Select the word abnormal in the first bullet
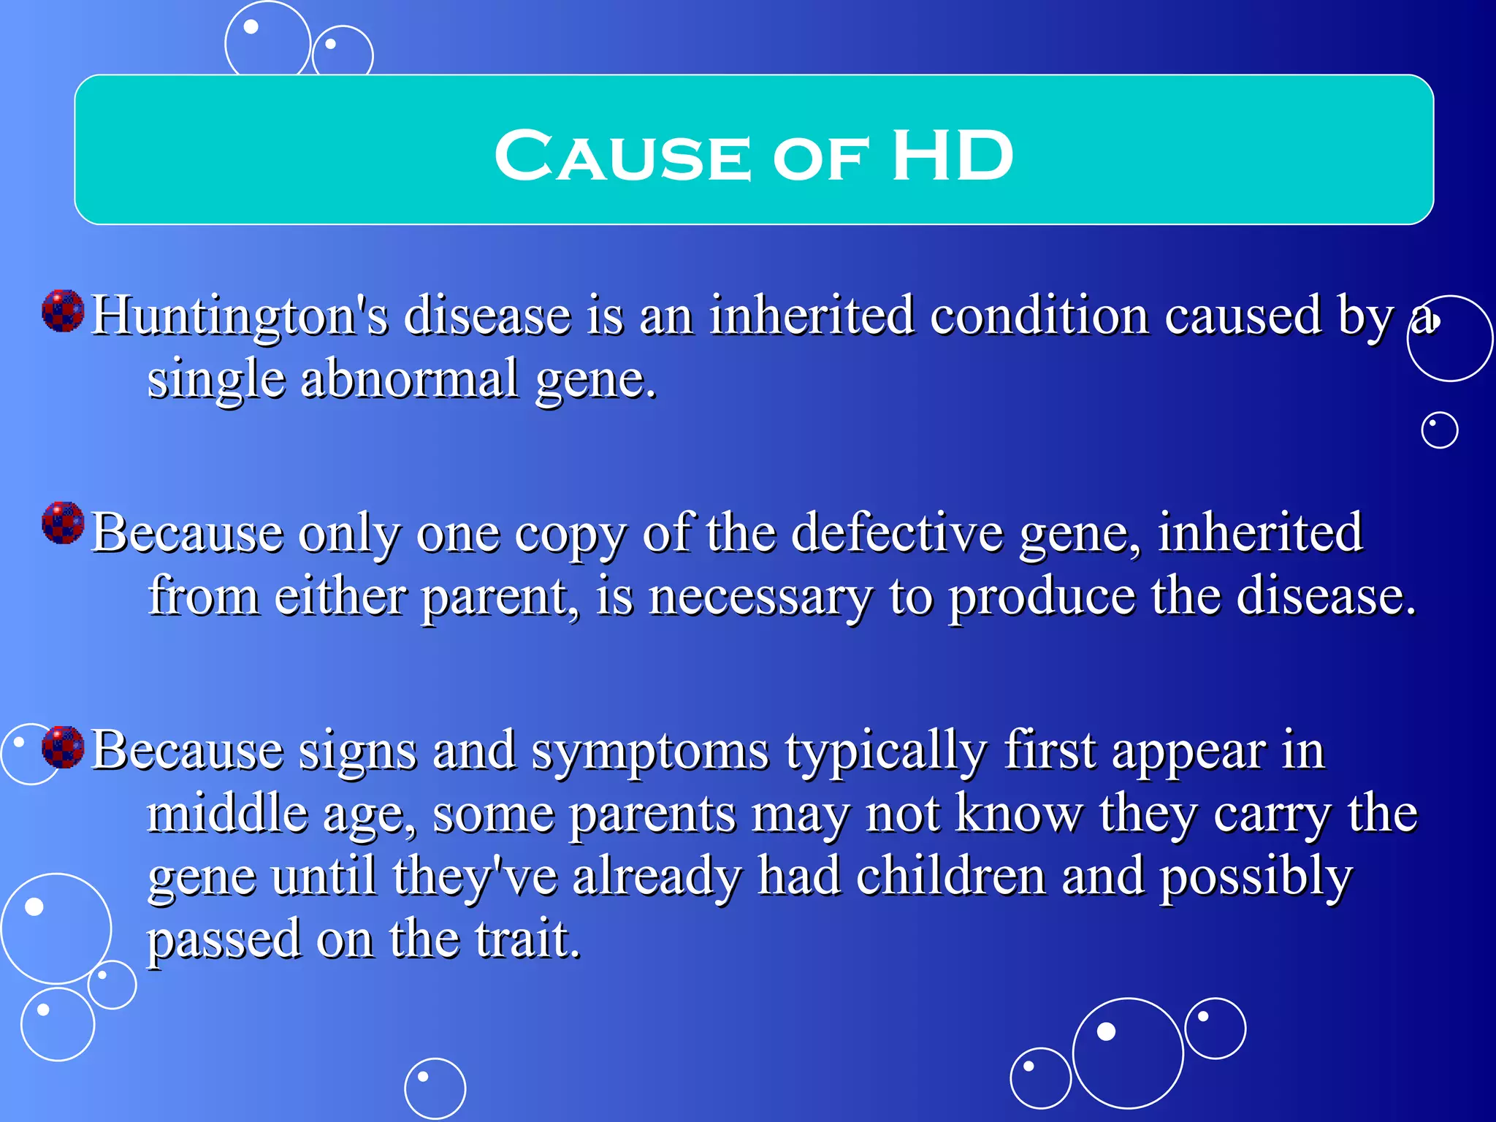409,379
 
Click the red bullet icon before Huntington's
64,310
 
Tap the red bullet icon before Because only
64,523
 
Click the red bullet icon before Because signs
64,747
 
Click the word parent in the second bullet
495,597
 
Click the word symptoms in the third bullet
650,752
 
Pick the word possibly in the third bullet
1256,877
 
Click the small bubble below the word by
1439,430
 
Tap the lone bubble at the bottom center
435,1088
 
